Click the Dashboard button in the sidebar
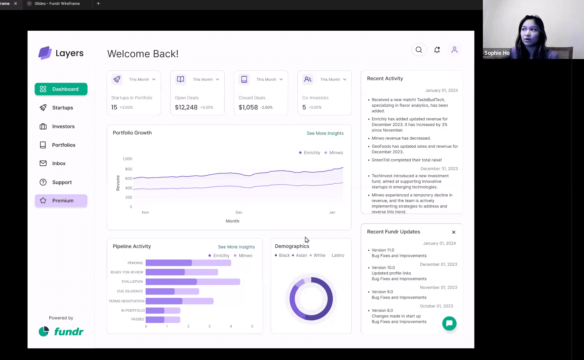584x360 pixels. point(61,89)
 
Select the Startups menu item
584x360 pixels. point(62,108)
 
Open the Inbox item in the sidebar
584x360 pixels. point(59,163)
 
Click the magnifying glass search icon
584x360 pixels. point(419,50)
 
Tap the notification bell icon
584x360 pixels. point(437,50)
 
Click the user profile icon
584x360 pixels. point(455,50)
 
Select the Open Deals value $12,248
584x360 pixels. point(186,107)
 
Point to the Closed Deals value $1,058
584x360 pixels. point(248,107)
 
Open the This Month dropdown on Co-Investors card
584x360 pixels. point(333,79)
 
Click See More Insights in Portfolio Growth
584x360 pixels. point(325,133)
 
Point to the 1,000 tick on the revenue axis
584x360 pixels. point(127,159)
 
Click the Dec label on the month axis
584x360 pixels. point(239,212)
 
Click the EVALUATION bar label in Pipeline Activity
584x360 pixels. point(132,282)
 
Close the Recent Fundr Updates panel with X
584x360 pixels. point(454,232)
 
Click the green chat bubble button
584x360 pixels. point(449,323)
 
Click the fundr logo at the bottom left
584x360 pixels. point(61,332)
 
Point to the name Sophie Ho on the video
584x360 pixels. point(497,53)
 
